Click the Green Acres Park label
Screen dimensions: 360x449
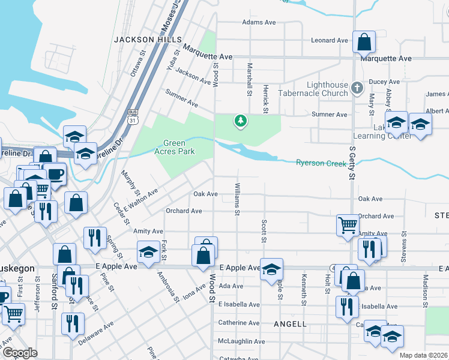[179, 147]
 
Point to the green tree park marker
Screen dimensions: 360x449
[241, 121]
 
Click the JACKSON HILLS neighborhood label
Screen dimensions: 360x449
[147, 39]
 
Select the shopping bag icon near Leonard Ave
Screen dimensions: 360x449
[363, 43]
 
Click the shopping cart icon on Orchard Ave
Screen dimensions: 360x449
[348, 226]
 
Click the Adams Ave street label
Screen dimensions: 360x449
[259, 22]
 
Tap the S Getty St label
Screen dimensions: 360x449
[352, 161]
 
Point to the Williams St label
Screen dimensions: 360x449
[238, 200]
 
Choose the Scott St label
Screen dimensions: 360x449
[264, 232]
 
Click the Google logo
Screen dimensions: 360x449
[20, 353]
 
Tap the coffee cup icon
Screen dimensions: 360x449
[55, 174]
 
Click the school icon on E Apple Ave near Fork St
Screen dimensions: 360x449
[148, 253]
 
